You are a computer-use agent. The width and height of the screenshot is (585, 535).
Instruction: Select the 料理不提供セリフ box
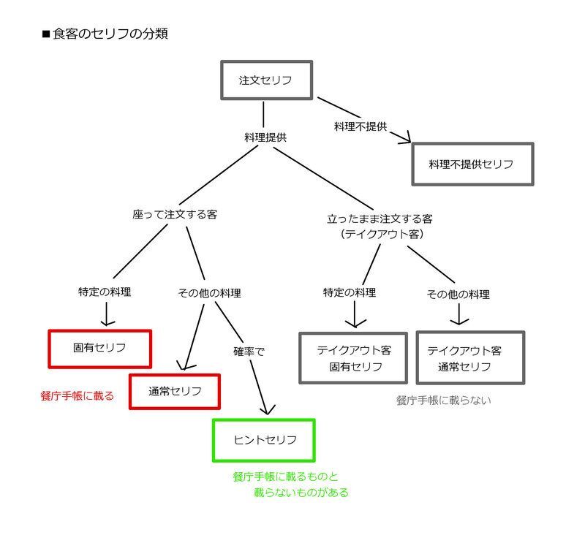[472, 164]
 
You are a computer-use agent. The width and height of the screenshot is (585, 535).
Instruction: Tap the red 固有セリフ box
[99, 349]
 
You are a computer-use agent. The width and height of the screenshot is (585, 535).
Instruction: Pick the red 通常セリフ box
[175, 391]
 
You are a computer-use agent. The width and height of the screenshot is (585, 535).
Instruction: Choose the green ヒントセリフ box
[264, 440]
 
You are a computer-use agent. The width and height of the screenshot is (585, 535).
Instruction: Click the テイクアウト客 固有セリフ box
[353, 358]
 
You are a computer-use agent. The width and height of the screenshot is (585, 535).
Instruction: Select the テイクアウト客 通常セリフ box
[470, 358]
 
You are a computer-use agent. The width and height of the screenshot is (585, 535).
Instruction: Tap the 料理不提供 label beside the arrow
[360, 126]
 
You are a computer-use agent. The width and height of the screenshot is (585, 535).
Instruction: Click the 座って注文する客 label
[175, 215]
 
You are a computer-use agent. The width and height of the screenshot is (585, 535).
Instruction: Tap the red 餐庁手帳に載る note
[78, 396]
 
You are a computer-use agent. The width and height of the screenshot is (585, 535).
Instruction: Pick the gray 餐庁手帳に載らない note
[444, 401]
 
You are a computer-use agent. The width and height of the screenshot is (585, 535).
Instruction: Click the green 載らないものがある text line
[301, 493]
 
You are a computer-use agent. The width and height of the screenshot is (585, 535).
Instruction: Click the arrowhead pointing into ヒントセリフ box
[268, 411]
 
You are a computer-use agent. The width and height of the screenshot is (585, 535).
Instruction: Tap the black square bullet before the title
[46, 34]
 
